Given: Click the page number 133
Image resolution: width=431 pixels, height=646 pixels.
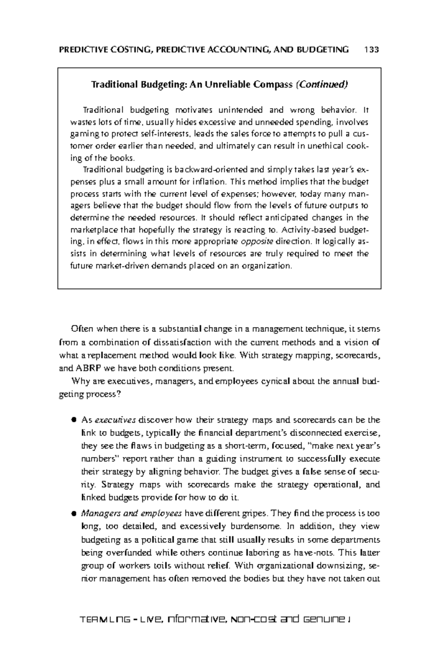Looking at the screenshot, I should [x=371, y=50].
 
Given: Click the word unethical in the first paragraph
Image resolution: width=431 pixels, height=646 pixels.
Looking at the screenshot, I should [x=324, y=146].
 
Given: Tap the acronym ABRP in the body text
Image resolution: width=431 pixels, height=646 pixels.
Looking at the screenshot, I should [x=86, y=368].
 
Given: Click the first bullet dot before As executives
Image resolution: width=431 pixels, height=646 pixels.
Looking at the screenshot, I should [x=74, y=420].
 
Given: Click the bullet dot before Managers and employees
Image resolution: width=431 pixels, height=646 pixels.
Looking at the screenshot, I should [x=74, y=513].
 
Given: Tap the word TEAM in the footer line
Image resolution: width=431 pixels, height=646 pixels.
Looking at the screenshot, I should [x=92, y=620].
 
